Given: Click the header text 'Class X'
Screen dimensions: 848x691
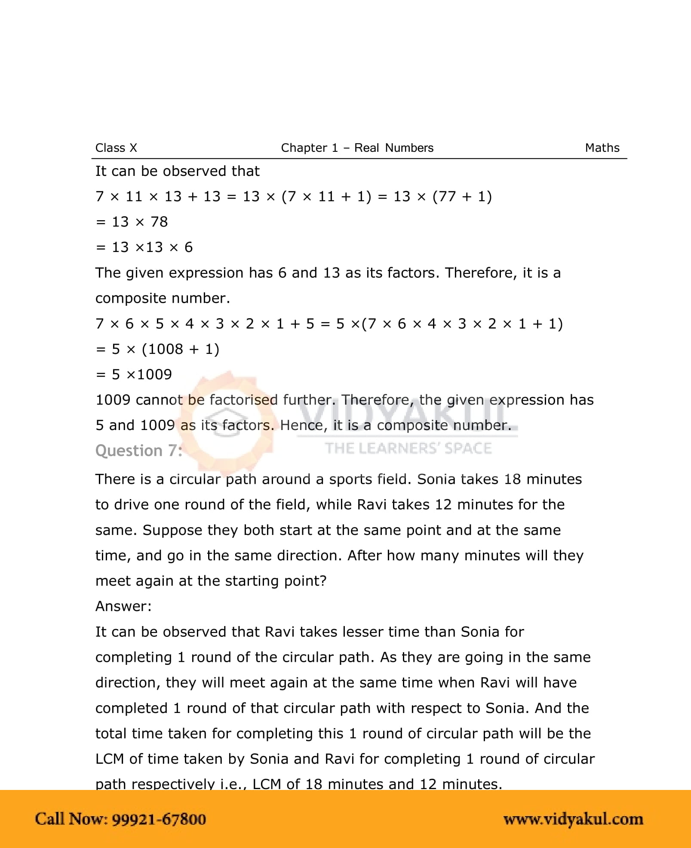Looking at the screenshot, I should [116, 148].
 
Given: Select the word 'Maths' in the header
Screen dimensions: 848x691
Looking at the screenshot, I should [602, 148].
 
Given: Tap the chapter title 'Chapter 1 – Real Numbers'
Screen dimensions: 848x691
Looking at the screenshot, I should [357, 148].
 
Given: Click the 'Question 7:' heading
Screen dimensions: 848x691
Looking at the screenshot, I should [138, 451].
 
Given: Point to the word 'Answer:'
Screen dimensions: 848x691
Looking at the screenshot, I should [123, 606].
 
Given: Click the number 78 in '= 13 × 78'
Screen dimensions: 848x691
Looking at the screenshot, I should [159, 222].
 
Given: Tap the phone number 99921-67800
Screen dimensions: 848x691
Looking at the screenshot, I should [159, 819].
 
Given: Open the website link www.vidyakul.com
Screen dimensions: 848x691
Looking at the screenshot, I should [573, 819].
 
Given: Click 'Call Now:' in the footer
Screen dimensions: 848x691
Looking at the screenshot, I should [71, 819].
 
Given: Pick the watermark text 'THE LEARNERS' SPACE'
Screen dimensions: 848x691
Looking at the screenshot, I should [408, 449].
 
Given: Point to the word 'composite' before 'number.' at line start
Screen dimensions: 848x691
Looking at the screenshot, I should [131, 298].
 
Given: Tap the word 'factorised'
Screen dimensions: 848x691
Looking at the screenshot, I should [243, 400].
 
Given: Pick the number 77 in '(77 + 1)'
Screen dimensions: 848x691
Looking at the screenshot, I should [448, 197].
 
